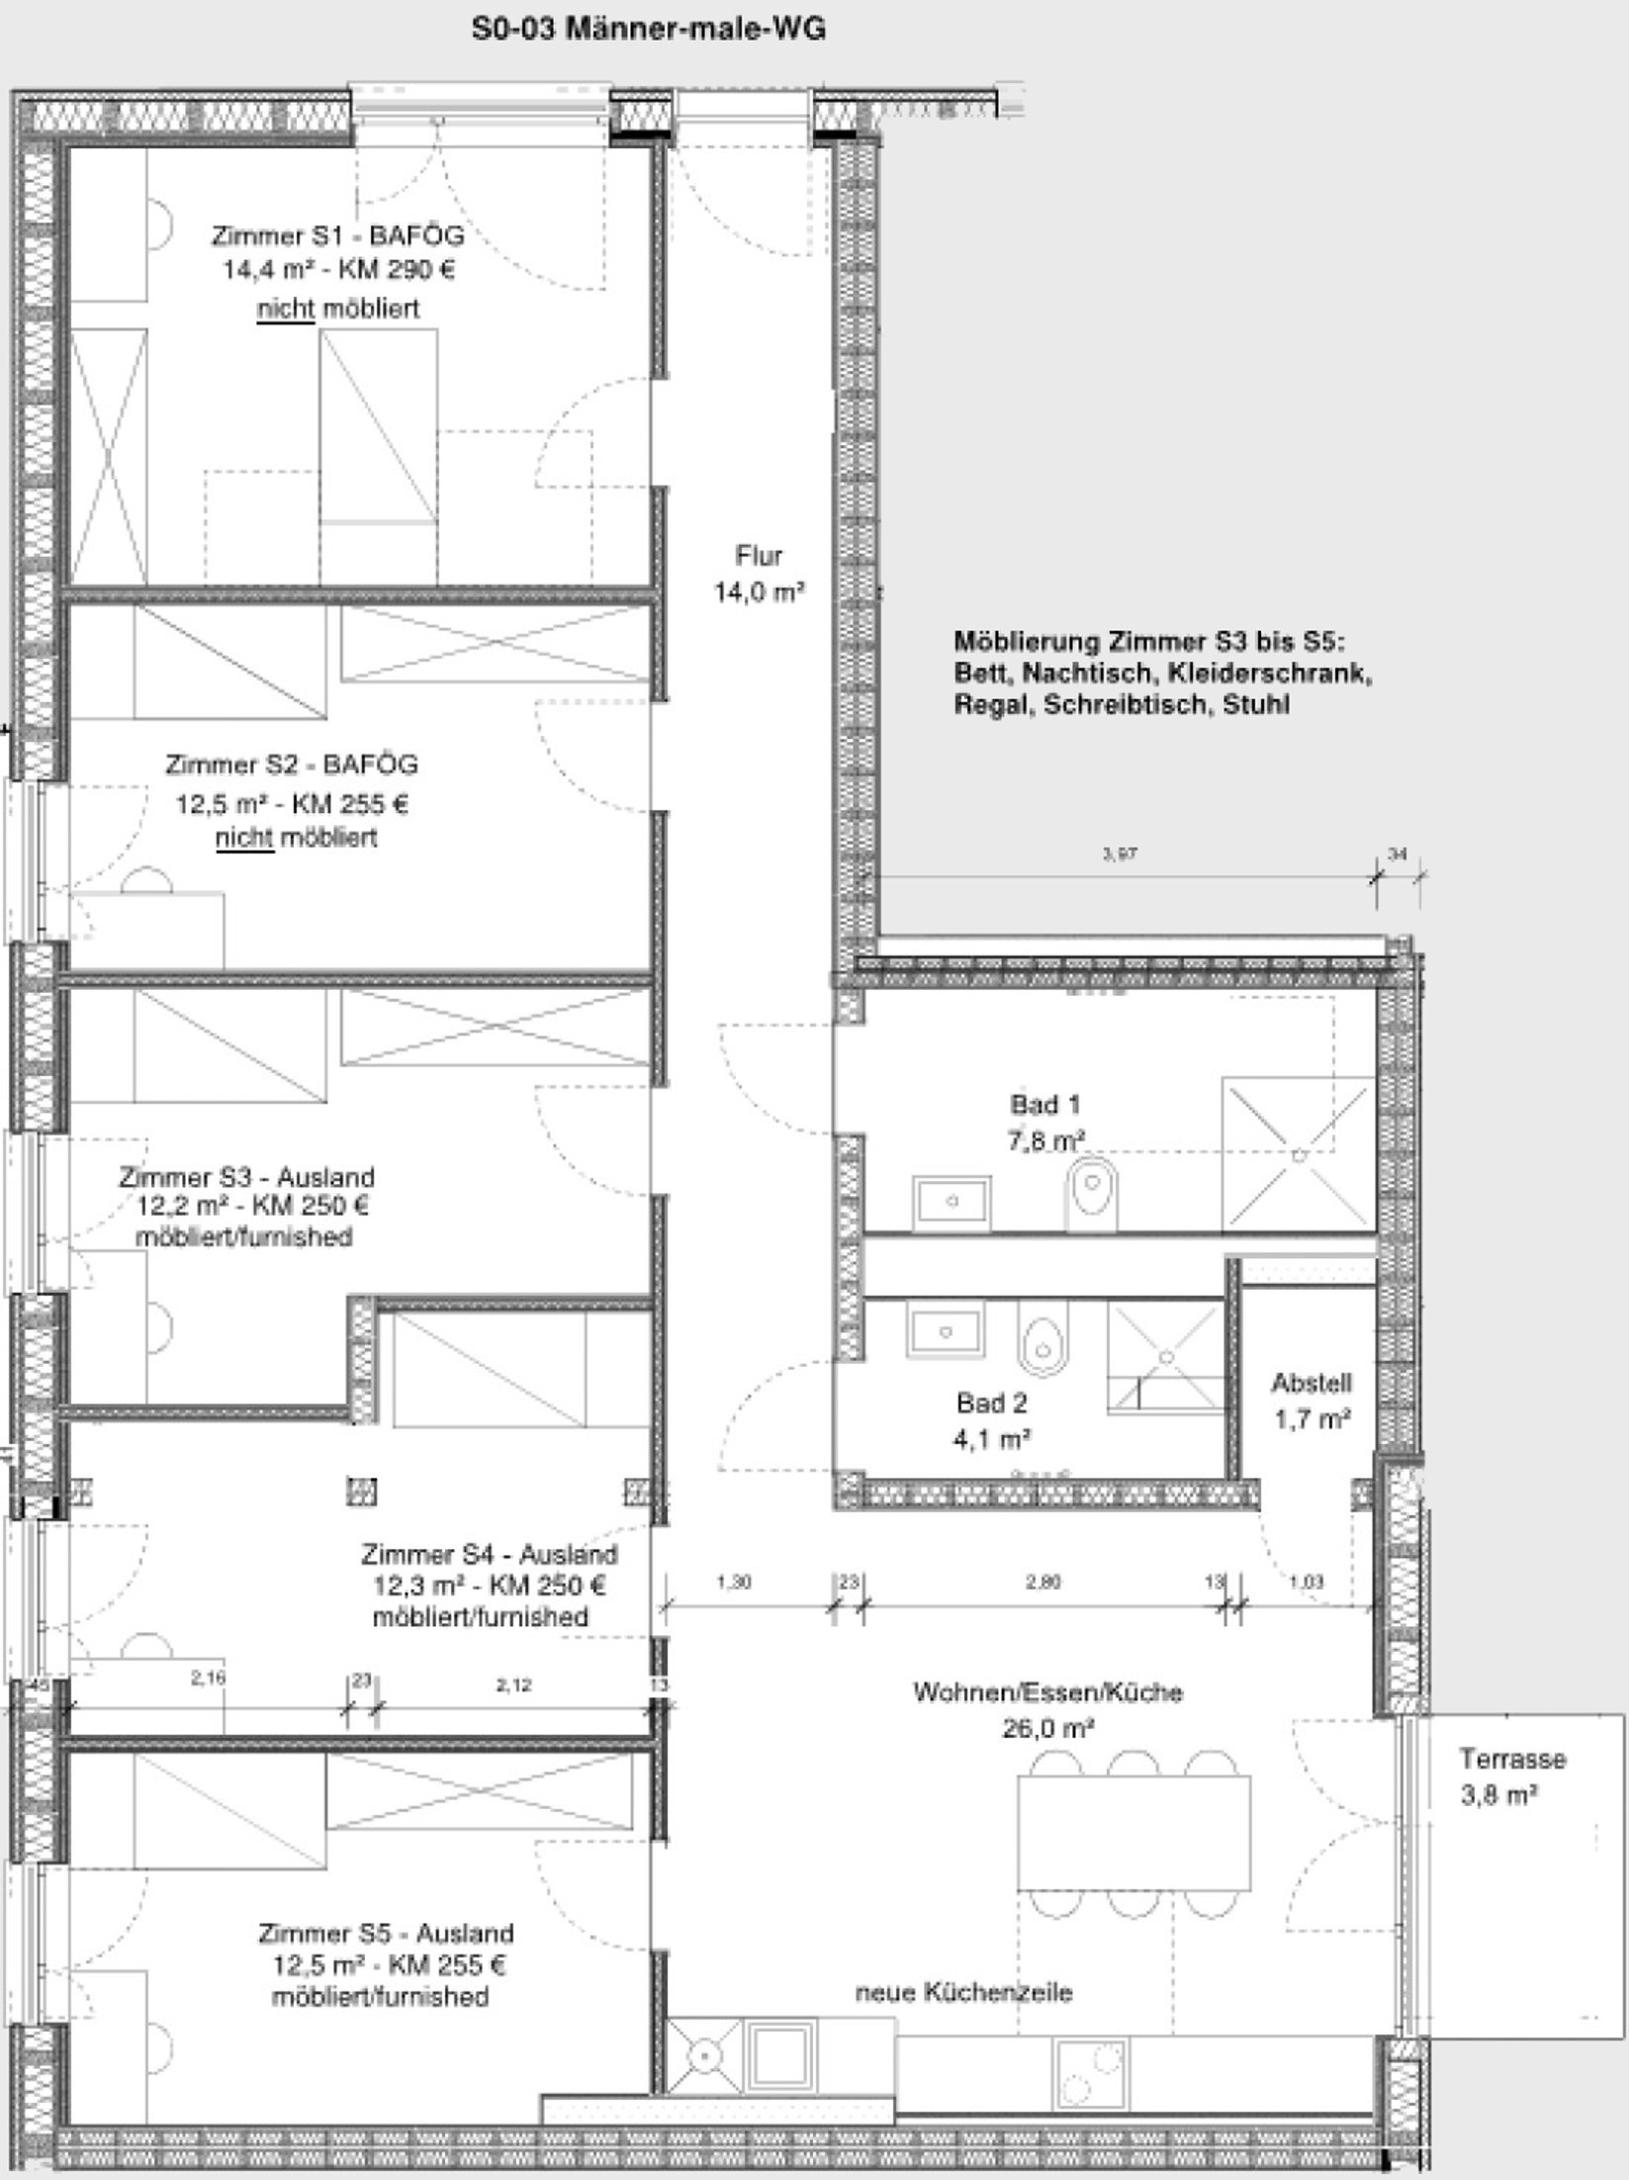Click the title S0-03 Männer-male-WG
tap(648, 31)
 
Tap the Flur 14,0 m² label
tap(759, 574)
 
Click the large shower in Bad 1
tap(1299, 1153)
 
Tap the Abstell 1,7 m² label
tap(1312, 1401)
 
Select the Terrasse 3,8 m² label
tap(1512, 1775)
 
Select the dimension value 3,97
tap(1120, 854)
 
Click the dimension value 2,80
tap(1042, 1583)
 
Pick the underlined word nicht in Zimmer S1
tap(285, 310)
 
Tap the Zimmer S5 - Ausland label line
tap(386, 1933)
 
